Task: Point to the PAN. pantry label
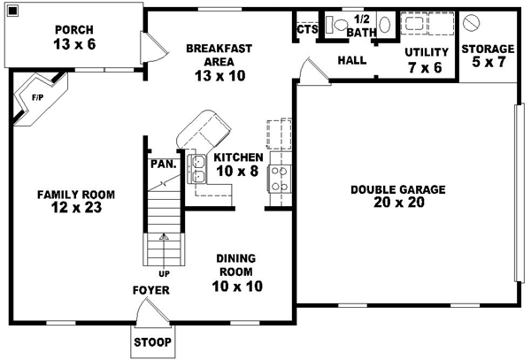[162, 164]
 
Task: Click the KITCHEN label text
[237, 157]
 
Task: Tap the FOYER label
[151, 290]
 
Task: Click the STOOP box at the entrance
[152, 342]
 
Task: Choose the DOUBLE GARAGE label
[397, 189]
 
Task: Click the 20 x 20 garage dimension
[397, 203]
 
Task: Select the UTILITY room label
[427, 52]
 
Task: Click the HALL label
[352, 61]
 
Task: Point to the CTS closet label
[306, 29]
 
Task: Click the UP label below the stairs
[164, 273]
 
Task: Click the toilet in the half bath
[338, 26]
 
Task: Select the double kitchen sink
[199, 168]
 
